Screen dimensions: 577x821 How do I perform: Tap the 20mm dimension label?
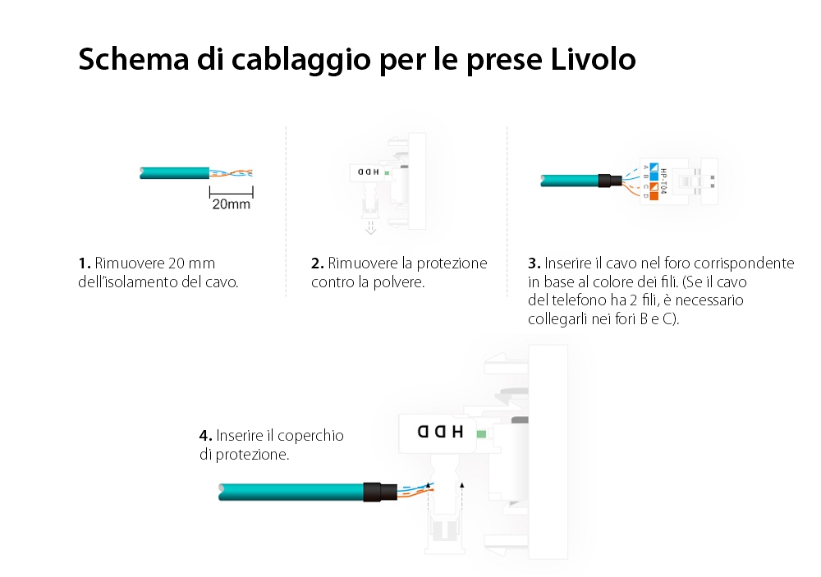coord(231,204)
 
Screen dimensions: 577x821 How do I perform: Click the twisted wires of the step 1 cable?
coord(232,173)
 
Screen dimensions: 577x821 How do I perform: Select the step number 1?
coord(84,263)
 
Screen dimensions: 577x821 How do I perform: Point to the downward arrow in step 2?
coord(370,227)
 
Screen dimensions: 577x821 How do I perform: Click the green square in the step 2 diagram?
coord(386,172)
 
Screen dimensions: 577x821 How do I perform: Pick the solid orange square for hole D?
coord(654,195)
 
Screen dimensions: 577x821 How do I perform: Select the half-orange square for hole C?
coord(654,186)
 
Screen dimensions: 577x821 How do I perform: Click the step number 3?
coord(534,263)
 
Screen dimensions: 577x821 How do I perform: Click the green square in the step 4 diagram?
coord(480,433)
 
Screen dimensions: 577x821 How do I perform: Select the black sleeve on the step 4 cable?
coord(378,492)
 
